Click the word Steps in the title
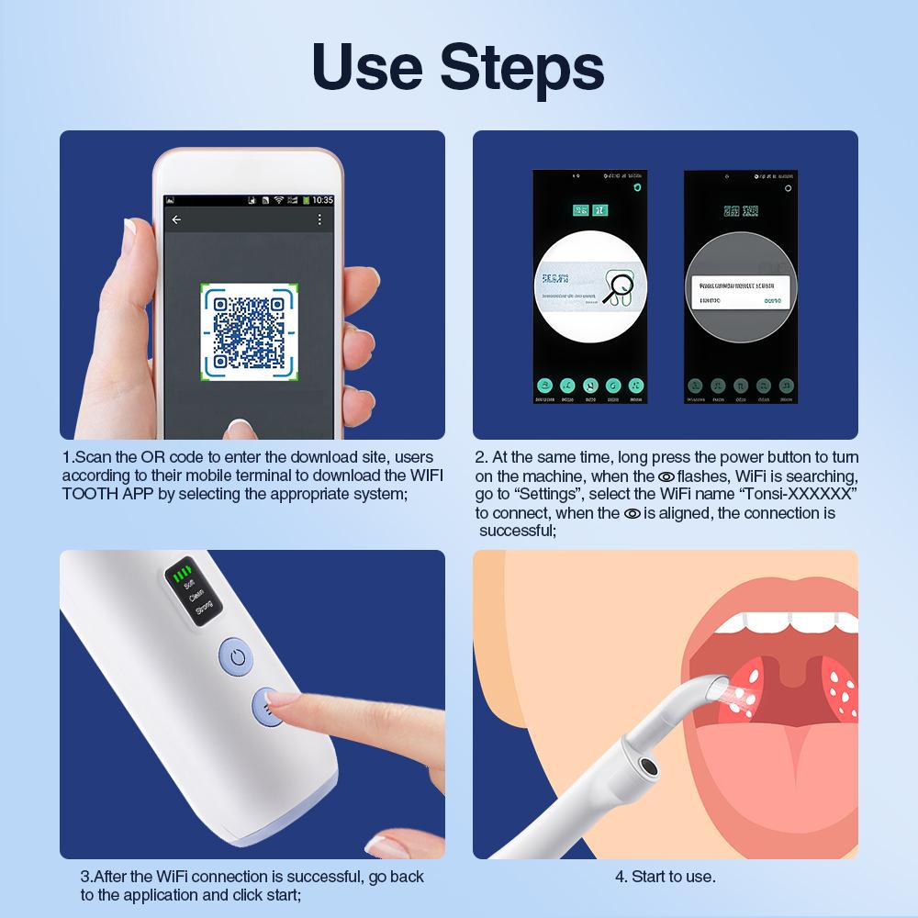[x=522, y=67]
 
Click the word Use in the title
[x=368, y=67]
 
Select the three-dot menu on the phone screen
[x=319, y=219]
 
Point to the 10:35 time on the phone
[x=322, y=199]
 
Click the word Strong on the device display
[x=204, y=606]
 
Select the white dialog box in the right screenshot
[x=741, y=292]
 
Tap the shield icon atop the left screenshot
[x=636, y=186]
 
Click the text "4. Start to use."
[x=665, y=876]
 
